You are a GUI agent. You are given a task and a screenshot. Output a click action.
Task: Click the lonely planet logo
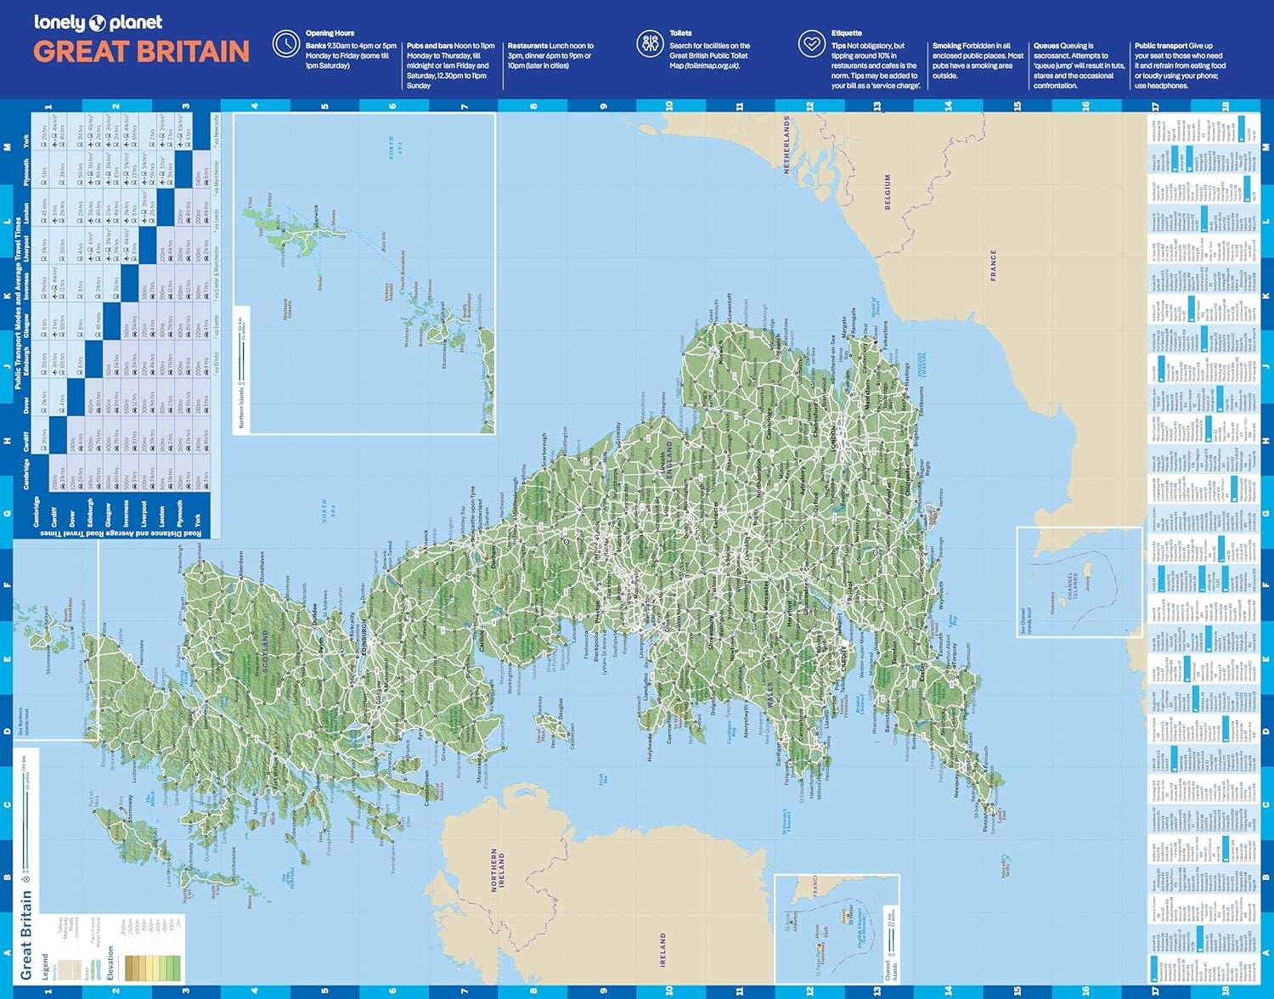click(x=98, y=23)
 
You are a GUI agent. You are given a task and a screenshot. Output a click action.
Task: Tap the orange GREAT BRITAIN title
click(x=141, y=52)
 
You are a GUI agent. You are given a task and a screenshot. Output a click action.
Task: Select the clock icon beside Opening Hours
click(x=285, y=44)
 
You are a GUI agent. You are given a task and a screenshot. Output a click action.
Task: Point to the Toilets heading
click(x=680, y=33)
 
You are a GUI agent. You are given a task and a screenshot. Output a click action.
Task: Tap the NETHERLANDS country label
click(x=786, y=145)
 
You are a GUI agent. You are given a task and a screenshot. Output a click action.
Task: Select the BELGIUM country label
click(x=888, y=192)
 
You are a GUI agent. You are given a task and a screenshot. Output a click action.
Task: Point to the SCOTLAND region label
click(x=266, y=652)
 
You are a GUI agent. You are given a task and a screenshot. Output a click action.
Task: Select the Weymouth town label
click(x=940, y=595)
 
